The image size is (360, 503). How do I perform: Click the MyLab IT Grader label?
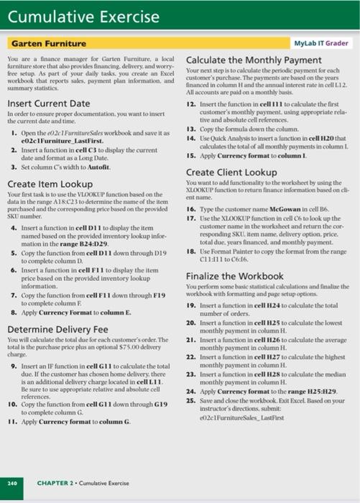pos(320,44)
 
